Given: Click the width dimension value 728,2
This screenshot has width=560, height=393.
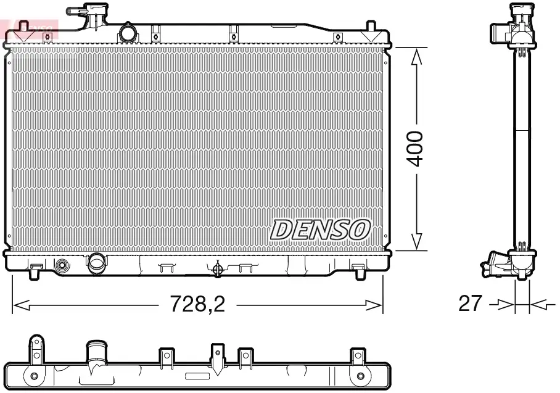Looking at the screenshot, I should [197, 305].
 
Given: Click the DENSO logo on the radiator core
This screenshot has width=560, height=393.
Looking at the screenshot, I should [319, 230].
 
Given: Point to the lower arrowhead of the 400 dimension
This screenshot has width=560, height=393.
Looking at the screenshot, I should [418, 241].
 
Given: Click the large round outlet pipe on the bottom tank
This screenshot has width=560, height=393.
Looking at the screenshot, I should [97, 263].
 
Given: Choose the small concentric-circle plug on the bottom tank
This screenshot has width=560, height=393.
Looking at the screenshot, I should [62, 267].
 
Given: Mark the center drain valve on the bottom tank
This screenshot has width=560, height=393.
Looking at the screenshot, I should [216, 268].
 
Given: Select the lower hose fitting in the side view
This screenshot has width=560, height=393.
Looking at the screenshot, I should [496, 266].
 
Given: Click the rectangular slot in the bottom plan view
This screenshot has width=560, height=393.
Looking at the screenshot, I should [198, 376].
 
